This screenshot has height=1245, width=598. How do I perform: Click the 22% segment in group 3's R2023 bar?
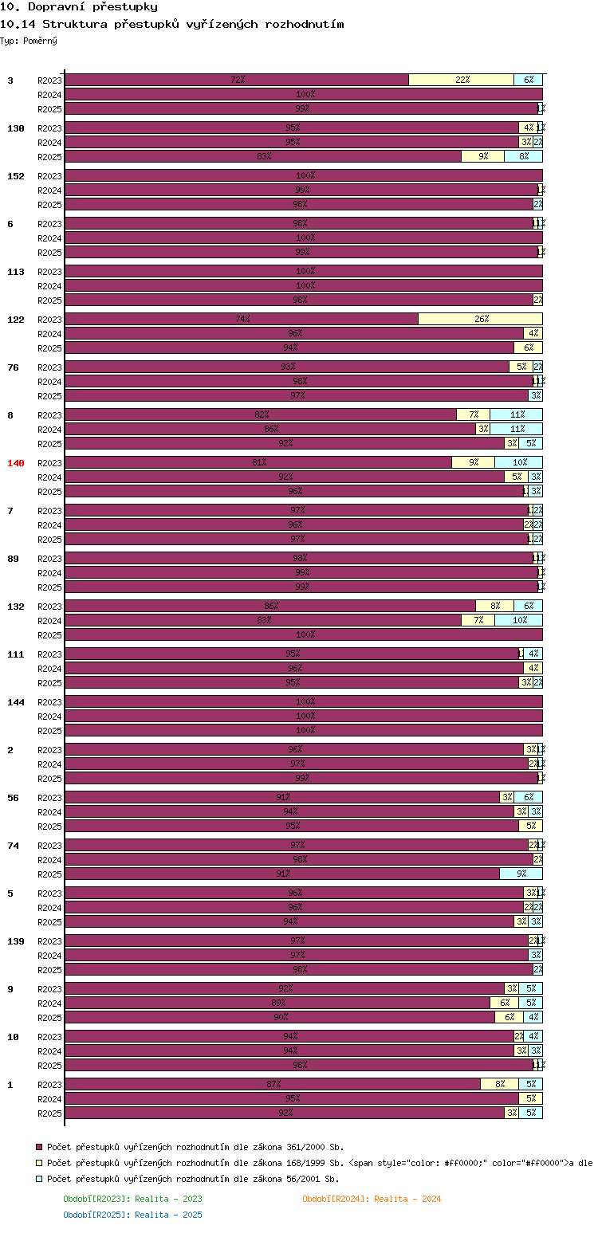tap(461, 80)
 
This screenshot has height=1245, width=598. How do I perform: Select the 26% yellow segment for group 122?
tap(480, 319)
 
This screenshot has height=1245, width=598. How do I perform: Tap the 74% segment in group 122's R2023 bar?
tap(242, 319)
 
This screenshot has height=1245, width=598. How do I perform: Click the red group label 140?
tap(16, 463)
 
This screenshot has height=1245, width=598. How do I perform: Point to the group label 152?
tap(16, 176)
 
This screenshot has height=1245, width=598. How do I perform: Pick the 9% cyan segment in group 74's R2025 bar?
tap(521, 874)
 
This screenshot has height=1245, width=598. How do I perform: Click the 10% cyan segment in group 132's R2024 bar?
tap(518, 620)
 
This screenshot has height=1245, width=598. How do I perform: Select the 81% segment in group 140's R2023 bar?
tap(258, 462)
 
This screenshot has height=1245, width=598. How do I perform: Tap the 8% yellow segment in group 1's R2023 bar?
tap(499, 1084)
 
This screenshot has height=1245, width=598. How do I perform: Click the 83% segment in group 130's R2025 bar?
tap(263, 156)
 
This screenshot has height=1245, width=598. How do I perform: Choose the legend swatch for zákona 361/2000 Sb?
tap(38, 1147)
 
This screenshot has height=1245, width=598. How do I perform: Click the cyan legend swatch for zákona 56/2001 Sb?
tap(38, 1179)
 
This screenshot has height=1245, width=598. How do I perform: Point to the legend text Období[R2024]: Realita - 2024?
tap(372, 1199)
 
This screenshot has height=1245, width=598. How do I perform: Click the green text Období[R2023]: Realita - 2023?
tap(132, 1199)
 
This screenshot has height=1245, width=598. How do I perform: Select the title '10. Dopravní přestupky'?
tap(79, 7)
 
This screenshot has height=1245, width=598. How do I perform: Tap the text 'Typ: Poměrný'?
tap(29, 41)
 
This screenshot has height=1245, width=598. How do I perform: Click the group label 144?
tap(16, 702)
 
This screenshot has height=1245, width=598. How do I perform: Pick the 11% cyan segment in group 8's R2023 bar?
tap(516, 414)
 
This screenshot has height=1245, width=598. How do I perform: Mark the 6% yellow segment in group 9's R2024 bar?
tap(504, 1003)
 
